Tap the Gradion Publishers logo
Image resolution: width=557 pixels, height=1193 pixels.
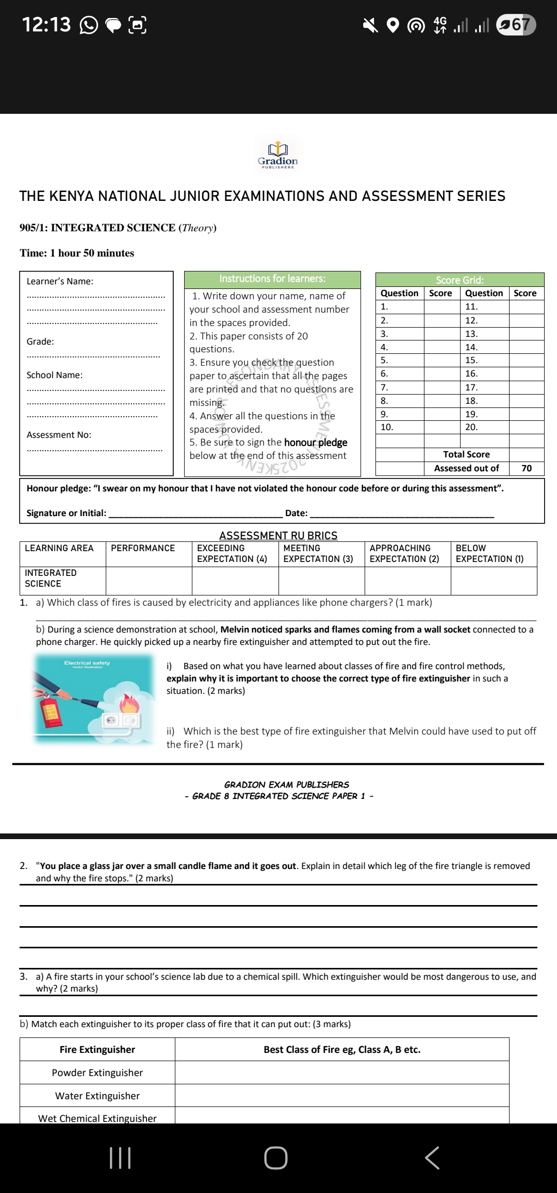click(278, 155)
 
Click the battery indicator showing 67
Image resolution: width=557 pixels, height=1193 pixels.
click(516, 25)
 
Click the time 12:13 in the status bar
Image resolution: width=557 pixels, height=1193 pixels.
click(46, 25)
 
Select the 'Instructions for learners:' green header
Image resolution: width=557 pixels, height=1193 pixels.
click(272, 279)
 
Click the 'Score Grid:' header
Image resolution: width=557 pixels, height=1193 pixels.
click(460, 280)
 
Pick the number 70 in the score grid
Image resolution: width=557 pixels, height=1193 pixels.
click(526, 468)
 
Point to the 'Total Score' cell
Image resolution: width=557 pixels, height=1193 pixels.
click(466, 454)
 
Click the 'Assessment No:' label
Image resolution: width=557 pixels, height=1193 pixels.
click(59, 435)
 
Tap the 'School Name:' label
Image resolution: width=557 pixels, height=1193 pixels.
click(55, 375)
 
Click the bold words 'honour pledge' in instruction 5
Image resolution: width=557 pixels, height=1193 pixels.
click(316, 442)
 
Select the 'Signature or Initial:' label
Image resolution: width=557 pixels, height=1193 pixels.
click(67, 513)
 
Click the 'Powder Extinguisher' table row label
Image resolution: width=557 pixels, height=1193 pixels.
click(97, 1072)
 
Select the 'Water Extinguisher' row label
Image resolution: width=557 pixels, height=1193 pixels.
click(97, 1096)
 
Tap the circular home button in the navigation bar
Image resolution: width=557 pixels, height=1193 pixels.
click(276, 1158)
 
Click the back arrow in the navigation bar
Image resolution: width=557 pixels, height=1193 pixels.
click(432, 1158)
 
